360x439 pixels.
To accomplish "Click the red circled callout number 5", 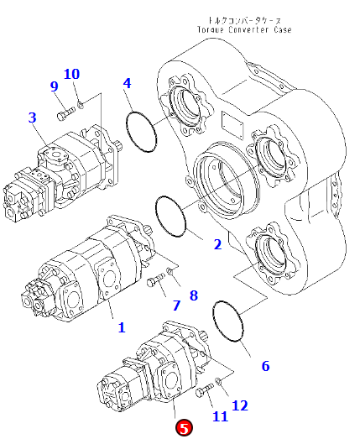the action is pyautogui.click(x=184, y=428).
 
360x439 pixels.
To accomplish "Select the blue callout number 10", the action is pyautogui.click(x=71, y=74).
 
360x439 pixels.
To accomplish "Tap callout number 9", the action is pyautogui.click(x=55, y=86).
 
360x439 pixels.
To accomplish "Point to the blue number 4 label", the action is pyautogui.click(x=127, y=83).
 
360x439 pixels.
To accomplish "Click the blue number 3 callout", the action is pyautogui.click(x=33, y=118).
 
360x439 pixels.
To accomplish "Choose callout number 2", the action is pyautogui.click(x=217, y=244).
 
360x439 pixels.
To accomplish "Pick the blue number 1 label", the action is pyautogui.click(x=121, y=327).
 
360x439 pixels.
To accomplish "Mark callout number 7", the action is pyautogui.click(x=176, y=306).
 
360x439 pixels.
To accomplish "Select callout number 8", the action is pyautogui.click(x=194, y=295).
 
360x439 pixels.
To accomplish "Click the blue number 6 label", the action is pyautogui.click(x=265, y=366).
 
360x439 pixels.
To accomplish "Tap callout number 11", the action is pyautogui.click(x=221, y=416).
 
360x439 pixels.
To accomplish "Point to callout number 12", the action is pyautogui.click(x=240, y=405).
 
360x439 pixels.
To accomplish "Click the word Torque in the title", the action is pyautogui.click(x=211, y=29).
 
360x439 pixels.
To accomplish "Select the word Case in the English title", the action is pyautogui.click(x=283, y=29).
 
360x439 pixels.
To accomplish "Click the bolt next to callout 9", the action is pyautogui.click(x=66, y=112).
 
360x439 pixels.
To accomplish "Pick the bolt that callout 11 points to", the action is pyautogui.click(x=205, y=390).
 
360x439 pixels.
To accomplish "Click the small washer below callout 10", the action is pyautogui.click(x=81, y=106).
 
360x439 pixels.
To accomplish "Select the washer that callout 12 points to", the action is pyautogui.click(x=218, y=381).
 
